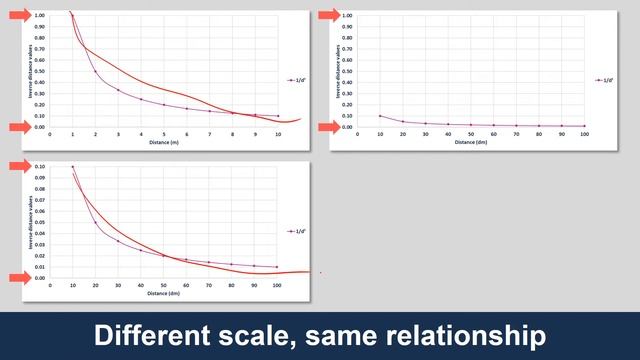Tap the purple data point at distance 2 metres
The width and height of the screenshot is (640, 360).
click(x=96, y=72)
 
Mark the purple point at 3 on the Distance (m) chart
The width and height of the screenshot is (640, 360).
click(x=118, y=90)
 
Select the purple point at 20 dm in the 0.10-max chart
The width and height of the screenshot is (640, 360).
click(x=96, y=222)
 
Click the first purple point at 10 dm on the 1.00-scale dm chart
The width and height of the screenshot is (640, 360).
click(x=380, y=116)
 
